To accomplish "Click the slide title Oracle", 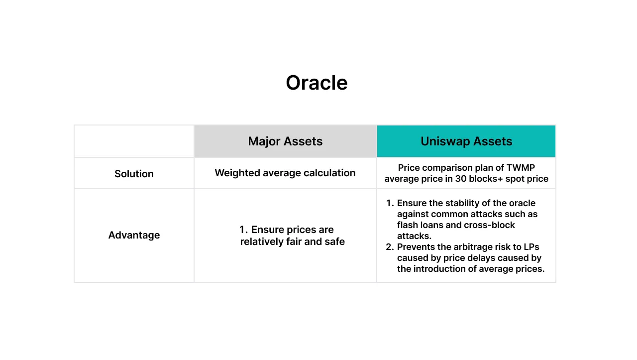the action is click(317, 83).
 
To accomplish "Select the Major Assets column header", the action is click(285, 141).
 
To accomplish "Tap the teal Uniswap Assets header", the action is click(466, 141).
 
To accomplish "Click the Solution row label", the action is click(134, 174).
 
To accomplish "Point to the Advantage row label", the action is click(134, 235).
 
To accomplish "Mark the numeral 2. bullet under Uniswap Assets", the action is click(390, 247).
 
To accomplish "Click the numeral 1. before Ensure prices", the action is click(243, 230).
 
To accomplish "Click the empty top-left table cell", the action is click(134, 141).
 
